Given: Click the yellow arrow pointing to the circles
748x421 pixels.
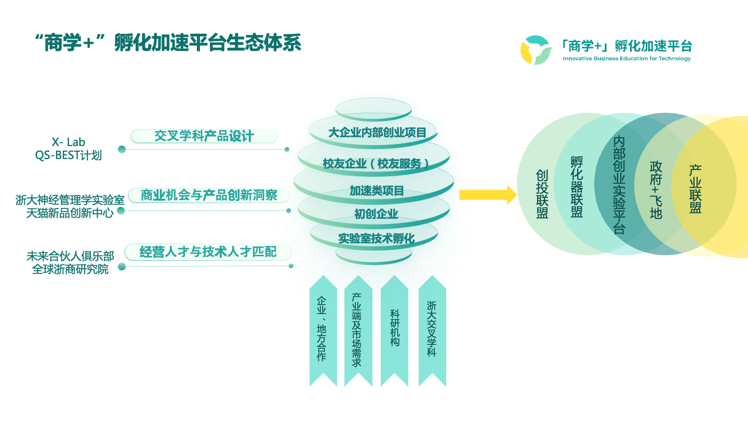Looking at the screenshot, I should tap(487, 195).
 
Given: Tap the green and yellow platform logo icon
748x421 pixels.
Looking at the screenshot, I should tap(536, 50).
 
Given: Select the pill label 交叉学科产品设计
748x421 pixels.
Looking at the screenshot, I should tap(204, 136).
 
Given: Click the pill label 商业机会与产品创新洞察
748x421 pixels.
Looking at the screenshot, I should tap(209, 195).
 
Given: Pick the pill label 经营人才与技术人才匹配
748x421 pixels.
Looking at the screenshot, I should tap(208, 252).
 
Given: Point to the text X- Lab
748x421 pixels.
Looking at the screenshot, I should tap(68, 142).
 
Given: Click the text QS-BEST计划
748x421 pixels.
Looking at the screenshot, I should tap(68, 155).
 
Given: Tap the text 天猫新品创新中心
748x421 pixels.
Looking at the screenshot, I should tap(70, 213).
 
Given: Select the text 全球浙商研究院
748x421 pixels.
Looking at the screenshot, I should tap(70, 269).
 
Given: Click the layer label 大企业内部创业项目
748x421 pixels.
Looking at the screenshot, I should tap(377, 133).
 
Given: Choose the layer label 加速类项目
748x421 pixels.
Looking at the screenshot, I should tap(376, 191).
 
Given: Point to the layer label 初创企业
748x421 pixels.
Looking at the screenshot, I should tap(376, 214).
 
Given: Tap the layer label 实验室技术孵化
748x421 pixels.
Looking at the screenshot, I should tap(376, 239).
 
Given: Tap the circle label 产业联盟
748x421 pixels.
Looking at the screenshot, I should tap(696, 189).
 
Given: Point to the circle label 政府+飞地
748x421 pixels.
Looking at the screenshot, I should tap(656, 189).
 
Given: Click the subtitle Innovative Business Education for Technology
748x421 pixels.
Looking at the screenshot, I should tap(626, 59).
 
